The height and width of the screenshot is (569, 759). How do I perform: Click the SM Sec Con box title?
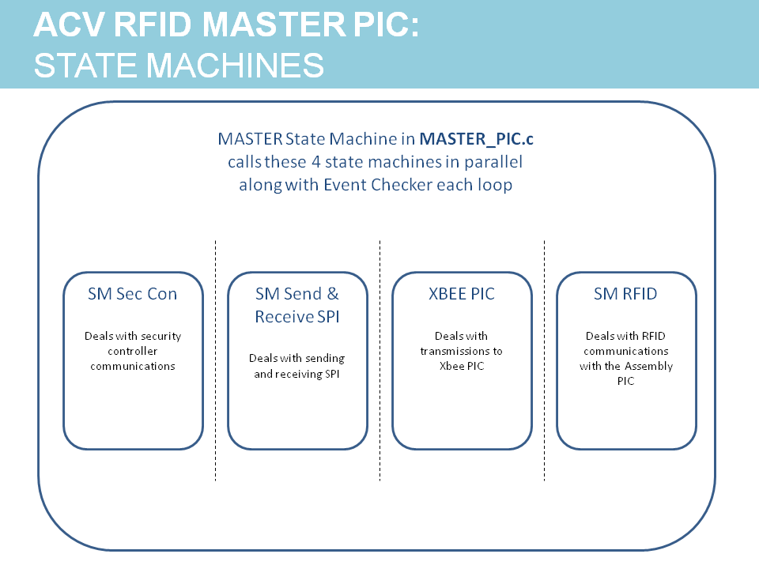[x=133, y=294]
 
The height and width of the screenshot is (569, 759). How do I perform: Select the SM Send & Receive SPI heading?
[x=297, y=305]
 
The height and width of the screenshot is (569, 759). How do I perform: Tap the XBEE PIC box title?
[x=462, y=294]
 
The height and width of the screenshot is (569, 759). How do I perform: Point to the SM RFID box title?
[x=626, y=294]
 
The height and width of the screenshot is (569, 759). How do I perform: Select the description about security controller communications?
[x=133, y=351]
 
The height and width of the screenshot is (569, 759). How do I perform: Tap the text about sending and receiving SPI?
[x=297, y=366]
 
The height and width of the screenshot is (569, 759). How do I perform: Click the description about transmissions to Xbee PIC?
[x=462, y=351]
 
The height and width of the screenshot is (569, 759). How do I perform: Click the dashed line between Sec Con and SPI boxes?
[x=216, y=360]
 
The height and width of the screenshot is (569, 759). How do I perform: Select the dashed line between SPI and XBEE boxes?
[x=380, y=360]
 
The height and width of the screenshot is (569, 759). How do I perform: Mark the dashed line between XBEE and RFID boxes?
[x=545, y=360]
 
